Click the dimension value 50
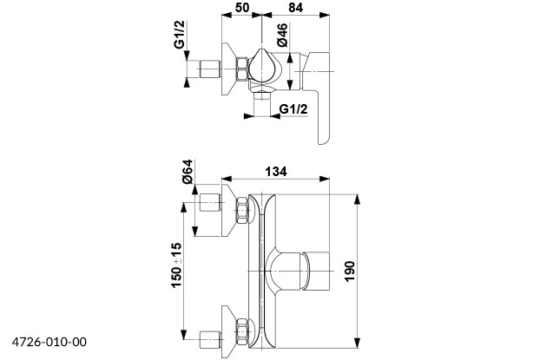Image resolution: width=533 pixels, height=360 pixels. [242, 8]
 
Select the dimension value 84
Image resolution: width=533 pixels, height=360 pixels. [295, 8]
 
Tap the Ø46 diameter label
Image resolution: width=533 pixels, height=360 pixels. [282, 35]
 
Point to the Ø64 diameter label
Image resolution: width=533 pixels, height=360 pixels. [188, 172]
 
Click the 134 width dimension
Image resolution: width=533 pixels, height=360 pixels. [276, 172]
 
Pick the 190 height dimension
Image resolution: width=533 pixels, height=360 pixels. [350, 272]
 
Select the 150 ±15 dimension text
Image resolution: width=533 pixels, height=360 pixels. [176, 265]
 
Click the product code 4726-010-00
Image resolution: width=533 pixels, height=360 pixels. [49, 342]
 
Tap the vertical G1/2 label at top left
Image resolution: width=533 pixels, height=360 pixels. [180, 35]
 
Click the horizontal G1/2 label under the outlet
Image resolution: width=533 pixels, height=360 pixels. [293, 109]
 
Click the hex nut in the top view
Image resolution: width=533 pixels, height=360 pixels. [242, 69]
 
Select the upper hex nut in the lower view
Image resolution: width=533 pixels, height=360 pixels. [242, 210]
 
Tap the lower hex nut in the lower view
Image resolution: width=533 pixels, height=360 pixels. [242, 331]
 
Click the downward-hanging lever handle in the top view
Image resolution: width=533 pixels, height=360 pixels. [319, 98]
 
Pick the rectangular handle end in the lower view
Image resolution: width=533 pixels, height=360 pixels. [317, 272]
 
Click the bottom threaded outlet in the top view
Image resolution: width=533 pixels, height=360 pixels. [262, 96]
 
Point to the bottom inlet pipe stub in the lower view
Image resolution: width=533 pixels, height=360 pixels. [210, 340]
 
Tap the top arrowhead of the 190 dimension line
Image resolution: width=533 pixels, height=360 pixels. [357, 200]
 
